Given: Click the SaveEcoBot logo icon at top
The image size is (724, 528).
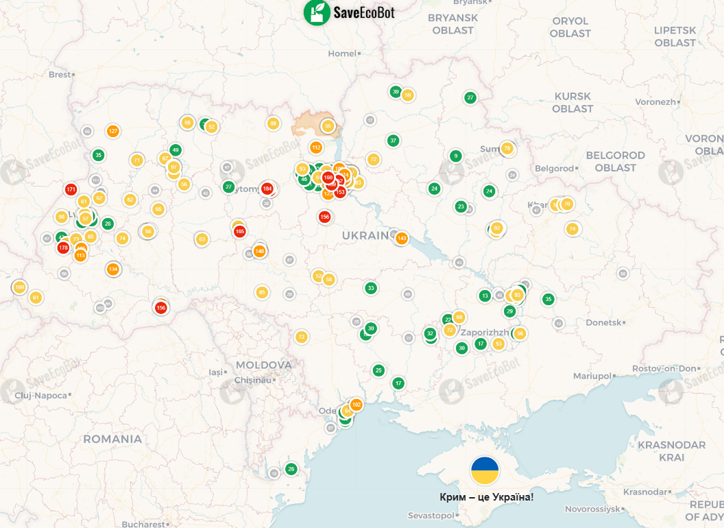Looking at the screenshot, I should pos(317,12).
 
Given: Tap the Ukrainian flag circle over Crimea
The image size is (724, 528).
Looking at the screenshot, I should pos(485,470).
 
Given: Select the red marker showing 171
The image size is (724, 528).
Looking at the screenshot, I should pos(71,189).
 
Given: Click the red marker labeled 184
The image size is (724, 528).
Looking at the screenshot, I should pos(267,189).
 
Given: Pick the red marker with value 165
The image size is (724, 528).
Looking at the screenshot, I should pos(239,231).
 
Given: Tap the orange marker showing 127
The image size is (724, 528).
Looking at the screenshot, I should pos(113,131).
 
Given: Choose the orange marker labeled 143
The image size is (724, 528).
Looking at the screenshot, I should pos(402,239).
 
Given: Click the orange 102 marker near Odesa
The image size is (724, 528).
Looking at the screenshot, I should pos(356,405).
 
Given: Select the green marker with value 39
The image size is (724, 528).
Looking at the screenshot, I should pos(395,92).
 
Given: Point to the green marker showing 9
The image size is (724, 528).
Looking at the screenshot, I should pos(455,156).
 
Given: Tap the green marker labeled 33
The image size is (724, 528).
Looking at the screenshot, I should pos(371,288).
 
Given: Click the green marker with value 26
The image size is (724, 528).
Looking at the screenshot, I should pos(291,469).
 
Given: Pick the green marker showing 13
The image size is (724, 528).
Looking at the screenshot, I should pos(485,296).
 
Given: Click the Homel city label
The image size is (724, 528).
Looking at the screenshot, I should pos(342,53).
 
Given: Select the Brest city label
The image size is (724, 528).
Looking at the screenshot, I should pos(59,74).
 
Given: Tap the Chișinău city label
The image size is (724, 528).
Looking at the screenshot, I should pos(253,380).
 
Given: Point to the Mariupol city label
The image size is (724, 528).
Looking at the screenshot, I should pos(591,376).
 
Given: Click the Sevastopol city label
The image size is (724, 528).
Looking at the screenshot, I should pos(431,515).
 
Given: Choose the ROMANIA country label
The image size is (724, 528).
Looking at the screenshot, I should pos(112,439).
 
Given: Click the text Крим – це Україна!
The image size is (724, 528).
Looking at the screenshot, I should pos(486,496).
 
